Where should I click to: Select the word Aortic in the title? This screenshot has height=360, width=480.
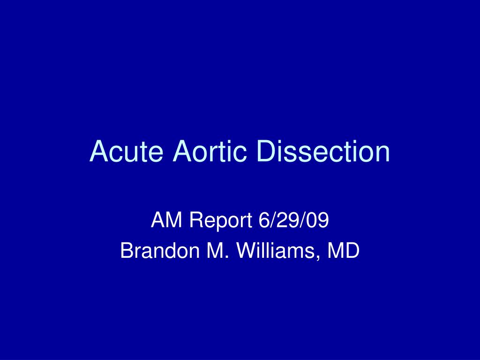tap(208, 151)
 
